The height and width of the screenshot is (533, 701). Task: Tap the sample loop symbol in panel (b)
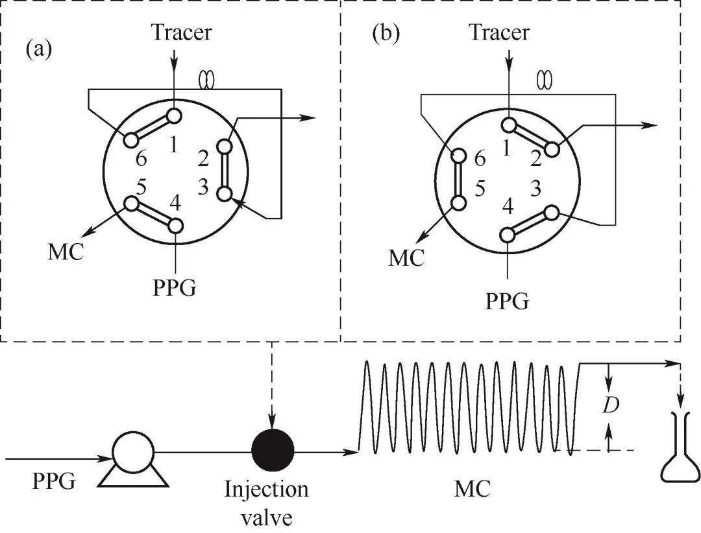544,80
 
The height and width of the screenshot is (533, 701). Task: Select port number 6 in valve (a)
142,158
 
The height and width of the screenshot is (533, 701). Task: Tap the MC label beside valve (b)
406,257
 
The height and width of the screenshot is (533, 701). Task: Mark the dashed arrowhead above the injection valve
273,417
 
